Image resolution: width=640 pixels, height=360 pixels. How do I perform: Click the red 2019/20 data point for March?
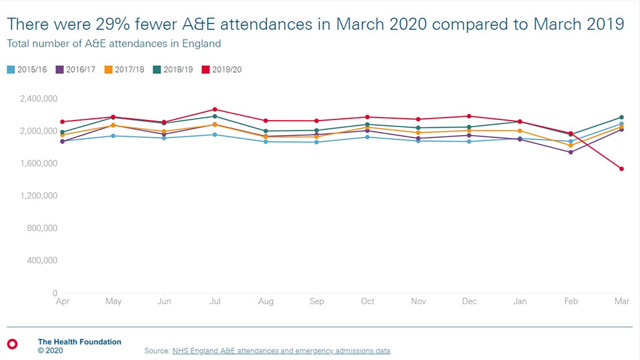(621, 169)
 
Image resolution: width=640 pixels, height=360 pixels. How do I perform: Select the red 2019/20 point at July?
(215, 109)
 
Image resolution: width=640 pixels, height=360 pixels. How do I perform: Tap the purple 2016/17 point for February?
(571, 152)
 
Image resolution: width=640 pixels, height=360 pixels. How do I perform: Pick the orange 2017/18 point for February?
(571, 145)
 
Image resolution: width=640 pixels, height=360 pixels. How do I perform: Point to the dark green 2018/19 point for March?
(621, 117)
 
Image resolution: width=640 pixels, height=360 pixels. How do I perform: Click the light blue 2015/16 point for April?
(62, 142)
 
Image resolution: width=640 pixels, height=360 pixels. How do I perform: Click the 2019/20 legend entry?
(222, 70)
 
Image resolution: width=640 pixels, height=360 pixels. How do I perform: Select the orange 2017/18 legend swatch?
(109, 70)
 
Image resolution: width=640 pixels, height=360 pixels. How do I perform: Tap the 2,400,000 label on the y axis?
(38, 98)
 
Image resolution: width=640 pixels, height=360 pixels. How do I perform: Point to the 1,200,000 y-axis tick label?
(38, 196)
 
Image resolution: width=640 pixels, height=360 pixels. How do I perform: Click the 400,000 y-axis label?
(42, 260)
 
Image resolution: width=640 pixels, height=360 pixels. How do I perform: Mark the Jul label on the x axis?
(215, 302)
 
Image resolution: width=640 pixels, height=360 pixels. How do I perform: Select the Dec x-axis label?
(469, 302)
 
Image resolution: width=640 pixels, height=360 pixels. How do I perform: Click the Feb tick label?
(571, 302)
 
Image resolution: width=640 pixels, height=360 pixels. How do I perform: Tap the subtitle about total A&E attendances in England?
(114, 44)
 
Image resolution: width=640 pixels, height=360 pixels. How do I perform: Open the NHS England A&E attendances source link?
(281, 350)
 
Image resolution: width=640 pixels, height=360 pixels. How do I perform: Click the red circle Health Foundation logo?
(12, 344)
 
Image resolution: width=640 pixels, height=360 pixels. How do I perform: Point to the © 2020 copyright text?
(50, 350)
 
